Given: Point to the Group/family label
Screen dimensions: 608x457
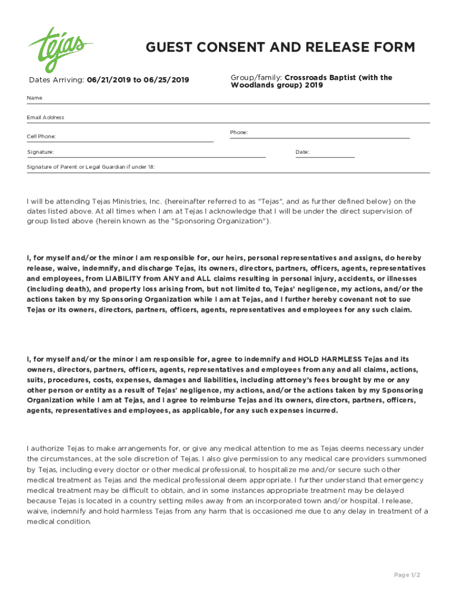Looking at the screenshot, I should [256, 78].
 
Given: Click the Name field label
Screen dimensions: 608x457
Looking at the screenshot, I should [34, 97].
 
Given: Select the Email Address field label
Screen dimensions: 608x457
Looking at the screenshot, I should [46, 118].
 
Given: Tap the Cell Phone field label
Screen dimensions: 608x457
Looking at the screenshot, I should [42, 137].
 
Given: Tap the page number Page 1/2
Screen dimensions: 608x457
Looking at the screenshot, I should [407, 575].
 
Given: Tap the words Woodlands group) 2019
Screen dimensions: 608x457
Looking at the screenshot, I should [277, 85].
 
